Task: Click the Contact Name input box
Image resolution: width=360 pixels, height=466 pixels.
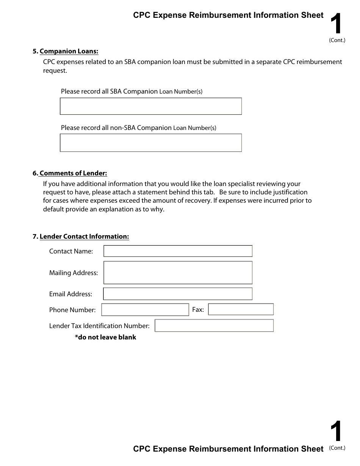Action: click(178, 251)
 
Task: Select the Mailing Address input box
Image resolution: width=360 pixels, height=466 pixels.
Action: click(178, 272)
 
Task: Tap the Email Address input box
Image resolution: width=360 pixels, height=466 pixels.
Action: click(178, 294)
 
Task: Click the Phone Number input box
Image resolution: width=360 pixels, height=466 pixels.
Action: click(145, 310)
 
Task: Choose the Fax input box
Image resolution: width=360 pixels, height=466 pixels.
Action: click(241, 310)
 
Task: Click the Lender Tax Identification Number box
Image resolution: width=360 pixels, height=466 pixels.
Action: click(214, 325)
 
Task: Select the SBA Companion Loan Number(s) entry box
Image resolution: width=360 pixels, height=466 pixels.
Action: click(151, 106)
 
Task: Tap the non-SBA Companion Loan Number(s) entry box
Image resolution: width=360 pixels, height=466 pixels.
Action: click(151, 143)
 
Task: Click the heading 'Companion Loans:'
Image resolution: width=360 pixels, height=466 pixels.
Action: click(69, 51)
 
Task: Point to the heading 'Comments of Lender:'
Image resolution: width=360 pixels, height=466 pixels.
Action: click(73, 173)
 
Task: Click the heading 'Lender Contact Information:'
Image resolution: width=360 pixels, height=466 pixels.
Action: click(84, 236)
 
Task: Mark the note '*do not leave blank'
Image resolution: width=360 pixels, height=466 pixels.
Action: click(105, 337)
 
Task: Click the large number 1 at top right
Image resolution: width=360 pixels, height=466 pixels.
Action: click(336, 24)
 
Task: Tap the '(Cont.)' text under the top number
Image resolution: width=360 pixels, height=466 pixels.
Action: click(337, 40)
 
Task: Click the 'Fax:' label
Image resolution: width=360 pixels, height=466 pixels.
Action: click(198, 310)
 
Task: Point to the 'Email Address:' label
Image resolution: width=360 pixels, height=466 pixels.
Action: click(70, 294)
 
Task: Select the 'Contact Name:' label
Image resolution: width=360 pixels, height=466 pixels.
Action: click(71, 251)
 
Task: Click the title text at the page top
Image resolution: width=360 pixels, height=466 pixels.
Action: click(228, 15)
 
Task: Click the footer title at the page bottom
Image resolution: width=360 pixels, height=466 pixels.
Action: click(228, 449)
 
